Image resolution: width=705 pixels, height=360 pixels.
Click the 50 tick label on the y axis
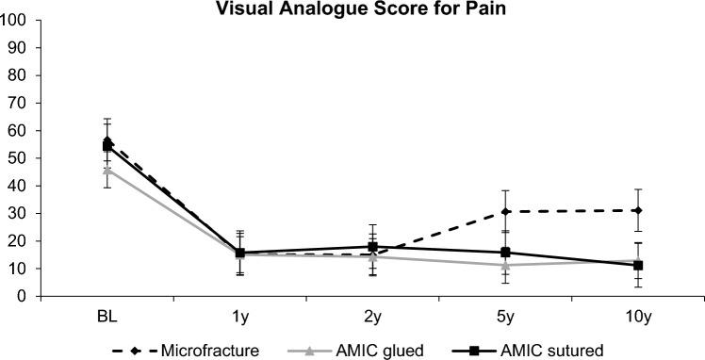(x=18, y=157)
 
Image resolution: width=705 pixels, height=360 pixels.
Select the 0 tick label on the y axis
(x=22, y=296)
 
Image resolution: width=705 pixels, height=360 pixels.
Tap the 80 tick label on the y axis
(x=18, y=74)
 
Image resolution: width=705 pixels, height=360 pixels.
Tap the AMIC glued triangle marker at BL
(x=107, y=171)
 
